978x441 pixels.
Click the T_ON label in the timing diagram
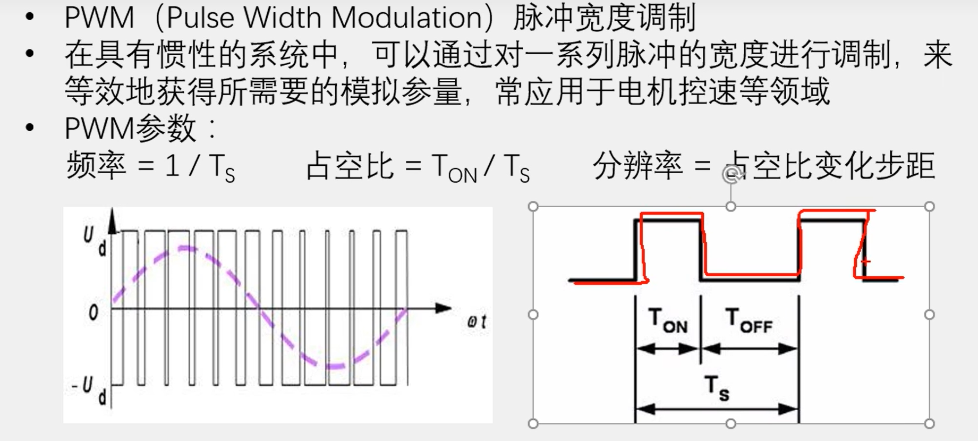coord(668,320)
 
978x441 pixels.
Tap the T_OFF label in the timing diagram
coord(749,320)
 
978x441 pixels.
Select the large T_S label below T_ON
coord(717,387)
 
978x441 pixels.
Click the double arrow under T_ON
coord(668,349)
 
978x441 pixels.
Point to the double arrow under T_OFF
coord(750,349)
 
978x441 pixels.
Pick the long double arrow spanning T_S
coord(717,409)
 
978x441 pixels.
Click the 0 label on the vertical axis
coord(93,312)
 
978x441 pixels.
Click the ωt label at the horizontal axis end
coord(477,321)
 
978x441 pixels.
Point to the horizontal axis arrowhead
coord(444,308)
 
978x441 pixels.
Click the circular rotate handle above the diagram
coord(731,174)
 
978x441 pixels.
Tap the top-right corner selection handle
coord(929,207)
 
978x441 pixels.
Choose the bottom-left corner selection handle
coord(533,423)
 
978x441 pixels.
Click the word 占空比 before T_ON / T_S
coord(350,166)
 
